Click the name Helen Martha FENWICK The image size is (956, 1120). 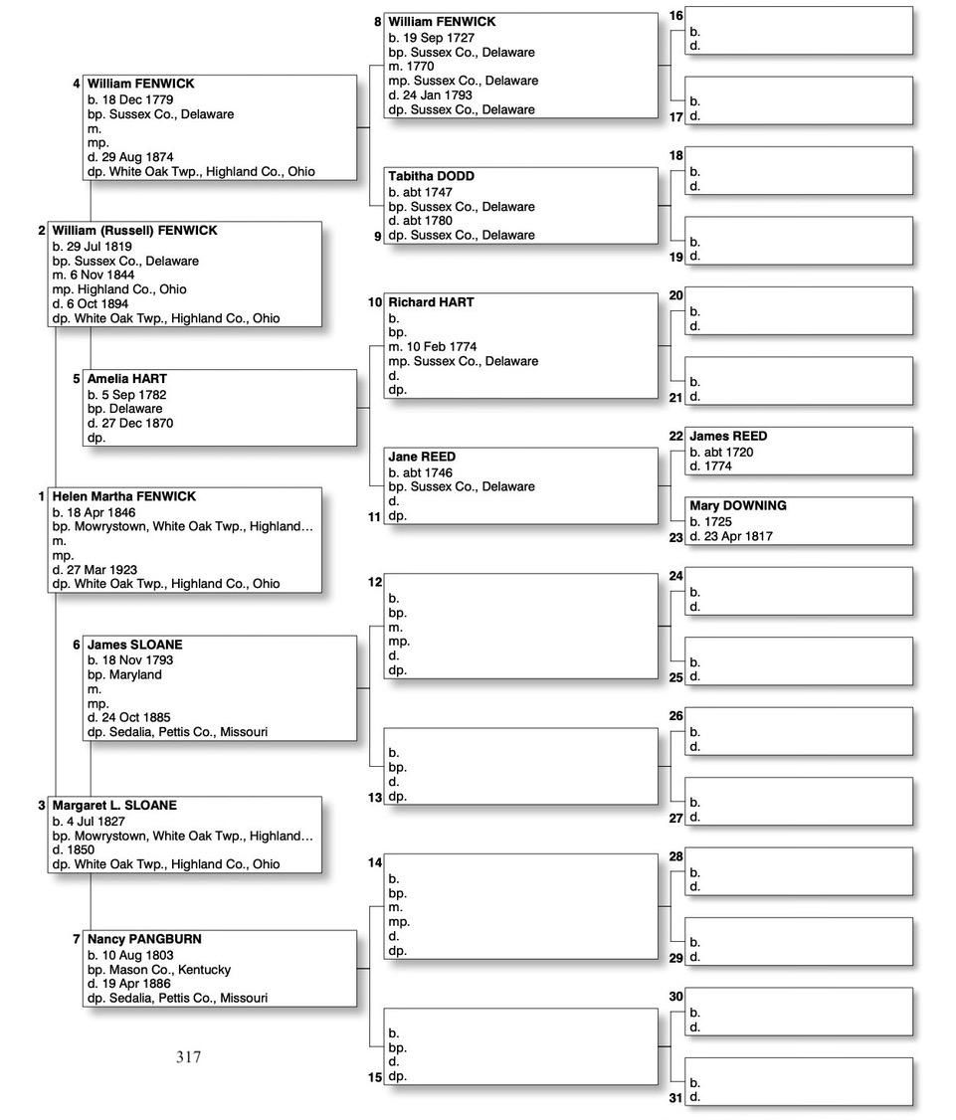(x=123, y=496)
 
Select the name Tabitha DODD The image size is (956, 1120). (x=431, y=176)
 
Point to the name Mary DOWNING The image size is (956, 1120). (x=737, y=505)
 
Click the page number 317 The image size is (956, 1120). (x=188, y=1057)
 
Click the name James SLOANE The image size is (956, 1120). (x=134, y=645)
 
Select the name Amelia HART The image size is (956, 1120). (x=126, y=379)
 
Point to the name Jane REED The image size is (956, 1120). (x=422, y=457)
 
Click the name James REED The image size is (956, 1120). (x=728, y=436)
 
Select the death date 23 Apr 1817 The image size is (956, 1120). (x=737, y=536)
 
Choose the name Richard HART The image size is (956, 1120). (x=431, y=301)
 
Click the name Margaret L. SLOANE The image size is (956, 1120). (x=114, y=805)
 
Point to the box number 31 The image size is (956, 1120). (x=675, y=1098)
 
